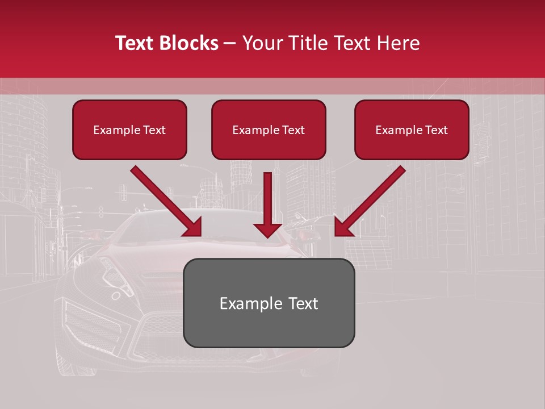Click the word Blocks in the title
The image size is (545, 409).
pyautogui.click(x=190, y=43)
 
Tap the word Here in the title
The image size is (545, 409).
pyautogui.click(x=398, y=43)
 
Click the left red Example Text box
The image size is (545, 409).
pyautogui.click(x=129, y=130)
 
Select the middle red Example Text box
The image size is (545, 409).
pyautogui.click(x=269, y=130)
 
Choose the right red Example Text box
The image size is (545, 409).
pyautogui.click(x=412, y=130)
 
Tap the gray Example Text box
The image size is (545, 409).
pyautogui.click(x=269, y=303)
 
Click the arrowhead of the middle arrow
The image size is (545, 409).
pyautogui.click(x=267, y=229)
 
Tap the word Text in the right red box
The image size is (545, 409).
pyautogui.click(x=435, y=130)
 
